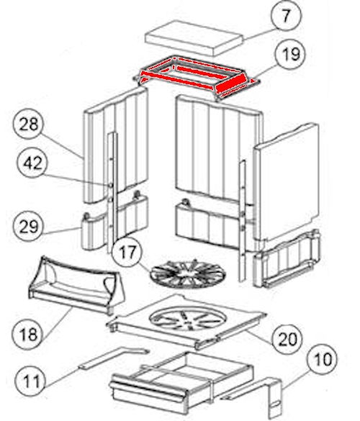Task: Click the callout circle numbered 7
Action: (286, 16)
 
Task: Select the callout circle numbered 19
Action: (290, 54)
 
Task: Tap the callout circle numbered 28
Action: (28, 124)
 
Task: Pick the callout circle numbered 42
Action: (32, 163)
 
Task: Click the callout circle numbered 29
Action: (28, 226)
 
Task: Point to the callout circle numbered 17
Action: (127, 252)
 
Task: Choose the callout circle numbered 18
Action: (27, 334)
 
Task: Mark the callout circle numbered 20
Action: (287, 339)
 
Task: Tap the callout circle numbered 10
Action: (322, 359)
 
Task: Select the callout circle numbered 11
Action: (30, 381)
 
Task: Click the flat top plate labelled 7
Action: (194, 38)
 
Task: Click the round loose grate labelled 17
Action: (188, 274)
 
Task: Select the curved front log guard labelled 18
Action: (76, 284)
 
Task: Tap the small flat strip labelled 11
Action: (114, 358)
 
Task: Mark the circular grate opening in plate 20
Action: (188, 320)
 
